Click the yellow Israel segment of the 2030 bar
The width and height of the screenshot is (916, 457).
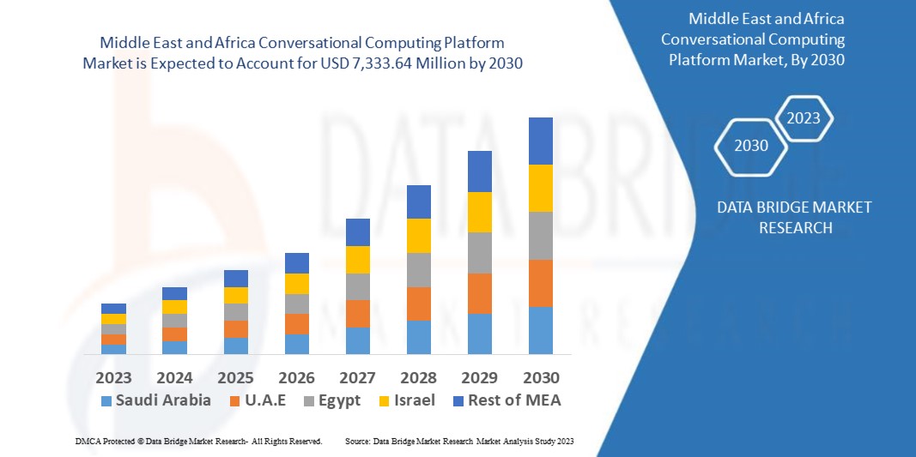pos(541,188)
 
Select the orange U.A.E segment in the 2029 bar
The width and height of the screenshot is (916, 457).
pos(480,293)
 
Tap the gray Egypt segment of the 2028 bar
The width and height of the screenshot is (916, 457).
pos(418,269)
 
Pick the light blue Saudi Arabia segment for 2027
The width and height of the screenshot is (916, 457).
pos(358,340)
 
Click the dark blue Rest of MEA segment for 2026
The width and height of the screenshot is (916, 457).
pos(297,262)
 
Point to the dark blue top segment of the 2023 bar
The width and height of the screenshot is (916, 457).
pos(113,309)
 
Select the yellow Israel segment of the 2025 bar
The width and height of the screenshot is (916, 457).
pos(236,295)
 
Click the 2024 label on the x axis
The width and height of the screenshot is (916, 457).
pos(174,377)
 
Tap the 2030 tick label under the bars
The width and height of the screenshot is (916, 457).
pos(541,377)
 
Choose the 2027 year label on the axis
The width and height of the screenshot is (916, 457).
pos(358,377)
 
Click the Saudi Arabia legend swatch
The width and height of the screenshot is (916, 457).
pos(106,400)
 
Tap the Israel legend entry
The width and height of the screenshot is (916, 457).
pos(407,400)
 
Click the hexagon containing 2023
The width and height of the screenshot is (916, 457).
pos(804,118)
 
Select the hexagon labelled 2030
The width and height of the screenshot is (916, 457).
pos(751,145)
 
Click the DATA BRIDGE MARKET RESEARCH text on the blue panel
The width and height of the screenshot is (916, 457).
pos(781,217)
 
